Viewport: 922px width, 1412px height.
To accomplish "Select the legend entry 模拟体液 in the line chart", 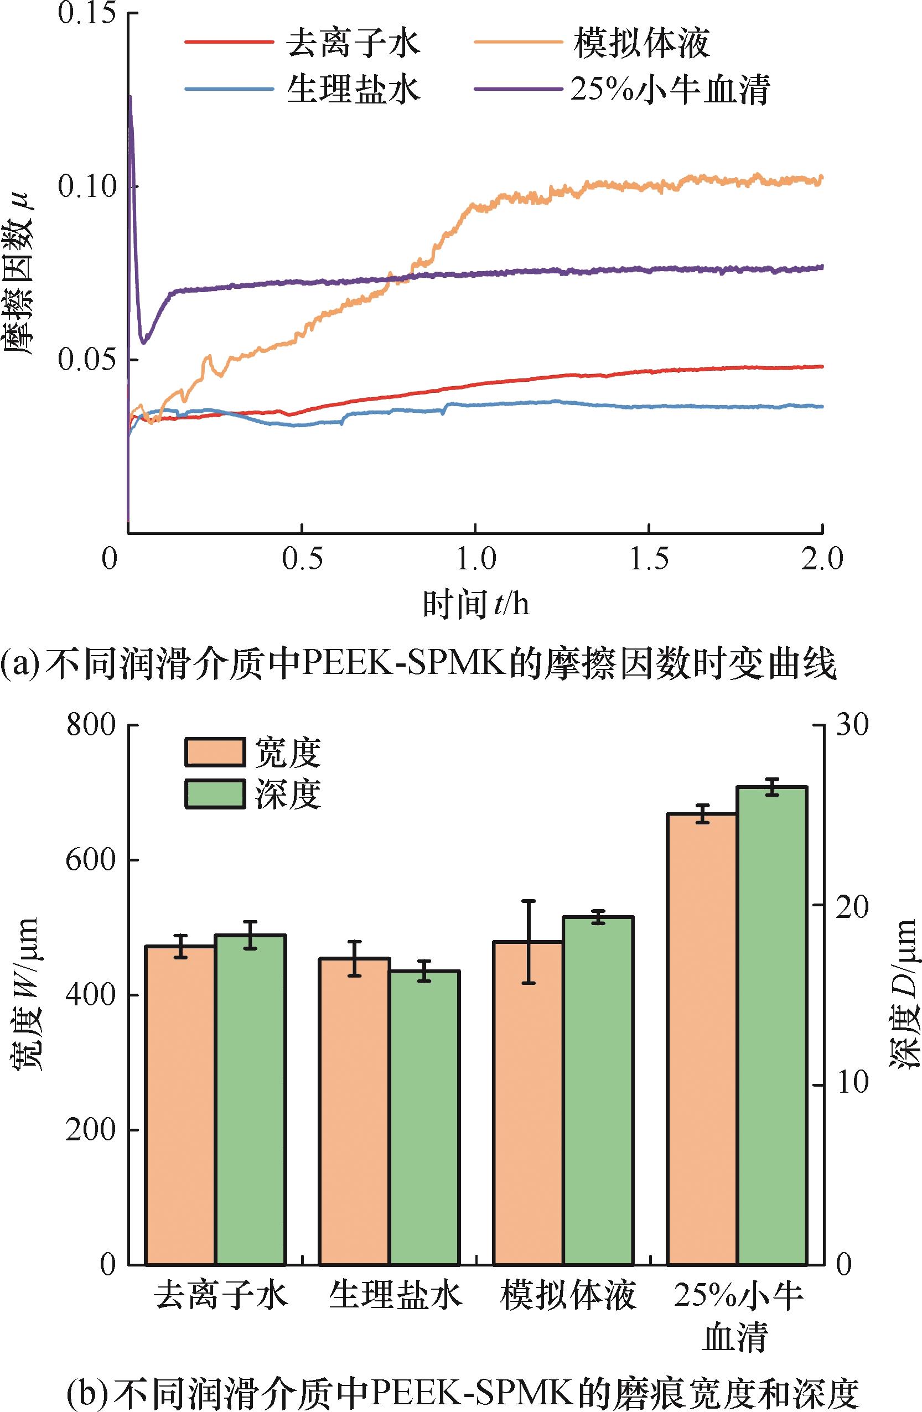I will (x=641, y=43).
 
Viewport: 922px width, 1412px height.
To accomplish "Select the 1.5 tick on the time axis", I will (x=649, y=559).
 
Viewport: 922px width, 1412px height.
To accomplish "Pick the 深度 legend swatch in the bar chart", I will (x=214, y=794).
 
